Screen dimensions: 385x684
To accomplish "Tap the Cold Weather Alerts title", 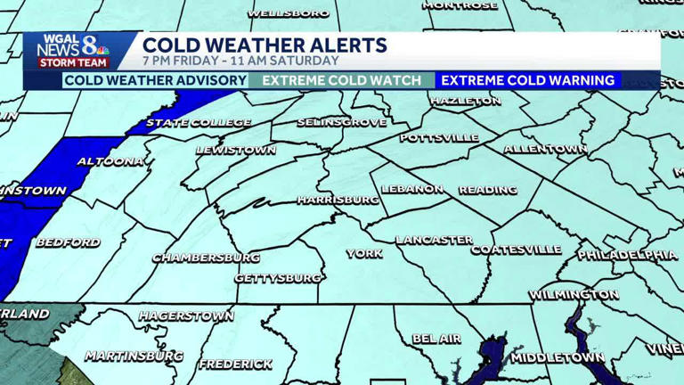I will tap(265, 45).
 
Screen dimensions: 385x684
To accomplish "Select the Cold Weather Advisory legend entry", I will tap(156, 80).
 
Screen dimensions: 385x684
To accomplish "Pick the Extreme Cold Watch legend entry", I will tap(342, 80).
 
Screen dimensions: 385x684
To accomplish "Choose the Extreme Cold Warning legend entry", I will tap(528, 80).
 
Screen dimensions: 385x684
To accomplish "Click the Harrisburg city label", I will tap(338, 200).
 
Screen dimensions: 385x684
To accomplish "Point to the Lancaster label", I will tap(435, 240).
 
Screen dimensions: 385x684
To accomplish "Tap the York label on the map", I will tap(364, 253).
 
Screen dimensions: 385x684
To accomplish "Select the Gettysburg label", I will tap(278, 278).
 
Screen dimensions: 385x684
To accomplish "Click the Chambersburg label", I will tap(207, 258).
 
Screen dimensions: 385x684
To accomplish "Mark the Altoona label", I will tap(110, 161).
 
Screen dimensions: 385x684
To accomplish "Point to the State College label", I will tap(199, 122).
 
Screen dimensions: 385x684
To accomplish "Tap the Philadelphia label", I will tap(627, 255).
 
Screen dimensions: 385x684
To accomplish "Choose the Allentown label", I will tap(545, 149).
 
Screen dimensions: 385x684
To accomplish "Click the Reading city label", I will tap(488, 190).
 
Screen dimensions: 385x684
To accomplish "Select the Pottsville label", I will tap(439, 138).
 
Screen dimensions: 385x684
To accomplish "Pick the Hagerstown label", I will tap(186, 315).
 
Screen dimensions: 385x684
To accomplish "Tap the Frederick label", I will tap(236, 364).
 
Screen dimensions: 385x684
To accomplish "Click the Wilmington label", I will tap(574, 294).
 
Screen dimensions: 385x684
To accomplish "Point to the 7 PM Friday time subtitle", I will tap(240, 61).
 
